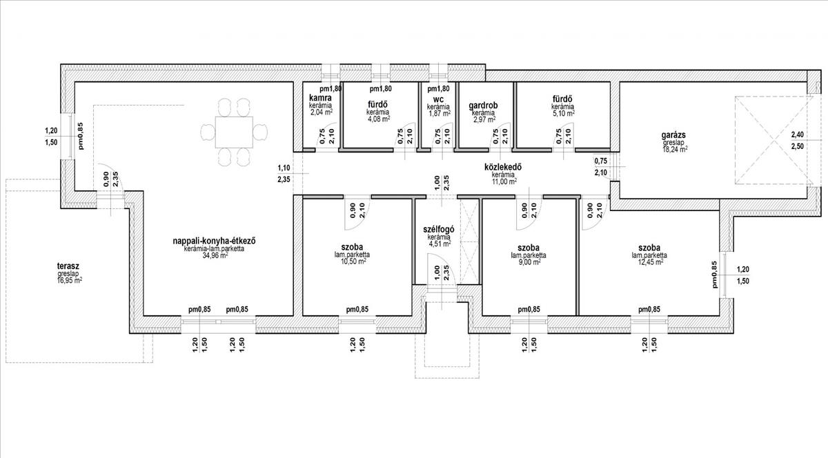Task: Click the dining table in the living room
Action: pos(235,132)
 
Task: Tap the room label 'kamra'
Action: pos(320,98)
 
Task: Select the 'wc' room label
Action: pos(439,99)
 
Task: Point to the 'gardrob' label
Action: pos(483,106)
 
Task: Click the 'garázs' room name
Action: pos(673,135)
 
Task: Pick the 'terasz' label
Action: pos(68,266)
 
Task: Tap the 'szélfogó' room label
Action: pos(439,230)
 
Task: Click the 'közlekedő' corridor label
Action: pos(503,168)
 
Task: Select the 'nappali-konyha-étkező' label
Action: pos(215,241)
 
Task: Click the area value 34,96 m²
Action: pos(215,255)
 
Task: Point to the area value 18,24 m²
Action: pos(675,149)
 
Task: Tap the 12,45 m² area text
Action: pos(649,261)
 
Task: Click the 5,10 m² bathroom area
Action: pos(563,113)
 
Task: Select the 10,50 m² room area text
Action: pos(353,261)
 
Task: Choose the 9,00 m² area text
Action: pos(529,261)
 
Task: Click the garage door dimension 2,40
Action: pos(798,135)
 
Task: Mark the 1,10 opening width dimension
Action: pos(284,168)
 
